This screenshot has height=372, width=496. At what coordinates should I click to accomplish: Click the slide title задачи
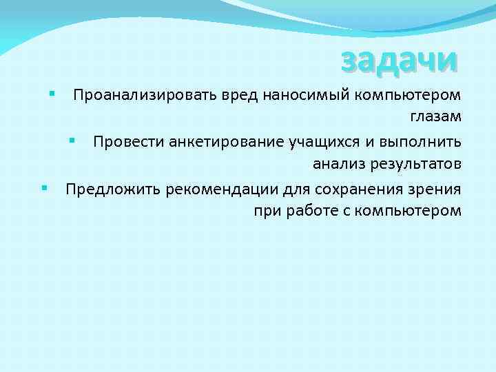click(x=399, y=60)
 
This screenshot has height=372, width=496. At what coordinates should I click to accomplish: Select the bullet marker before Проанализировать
click(x=52, y=92)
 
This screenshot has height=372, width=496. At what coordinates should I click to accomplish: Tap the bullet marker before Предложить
click(x=43, y=187)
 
